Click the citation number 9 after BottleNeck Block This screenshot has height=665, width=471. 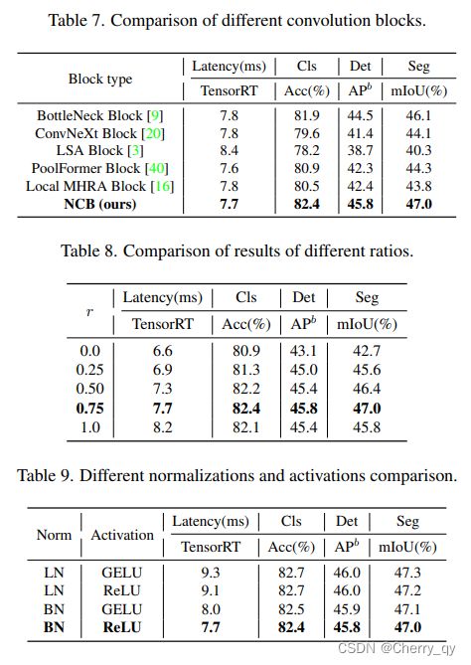(x=155, y=115)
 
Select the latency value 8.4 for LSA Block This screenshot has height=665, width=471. (x=229, y=150)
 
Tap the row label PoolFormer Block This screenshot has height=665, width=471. (x=85, y=168)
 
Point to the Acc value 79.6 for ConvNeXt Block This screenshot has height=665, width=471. (x=307, y=133)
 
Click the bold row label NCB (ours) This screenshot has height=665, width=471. (x=100, y=204)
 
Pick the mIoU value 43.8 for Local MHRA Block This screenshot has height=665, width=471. (x=418, y=186)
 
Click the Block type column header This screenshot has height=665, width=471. (x=100, y=79)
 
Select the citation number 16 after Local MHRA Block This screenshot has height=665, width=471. (x=162, y=186)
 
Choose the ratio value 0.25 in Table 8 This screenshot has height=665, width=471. (x=89, y=370)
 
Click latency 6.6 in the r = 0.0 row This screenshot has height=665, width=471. (x=162, y=351)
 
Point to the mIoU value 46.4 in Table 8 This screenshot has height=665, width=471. (x=367, y=389)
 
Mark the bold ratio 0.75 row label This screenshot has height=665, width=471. (x=89, y=409)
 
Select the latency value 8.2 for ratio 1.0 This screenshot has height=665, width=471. (x=162, y=427)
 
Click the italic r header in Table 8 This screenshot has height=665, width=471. (x=89, y=313)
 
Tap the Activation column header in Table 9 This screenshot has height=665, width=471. (x=122, y=535)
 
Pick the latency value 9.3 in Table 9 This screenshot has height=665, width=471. (x=211, y=573)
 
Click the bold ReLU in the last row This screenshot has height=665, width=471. (x=122, y=627)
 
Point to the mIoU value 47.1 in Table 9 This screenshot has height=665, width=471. (x=407, y=609)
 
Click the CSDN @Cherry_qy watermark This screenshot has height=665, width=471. (x=396, y=648)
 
